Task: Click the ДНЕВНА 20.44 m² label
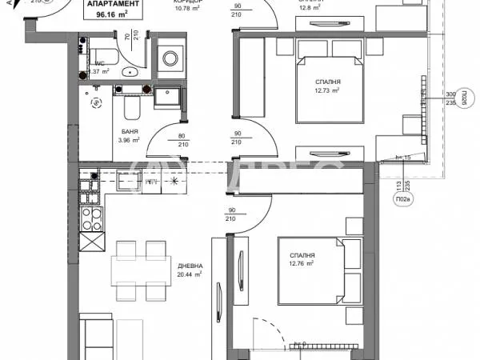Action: tap(190, 270)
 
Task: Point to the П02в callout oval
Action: tap(398, 200)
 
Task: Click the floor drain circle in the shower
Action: tap(97, 102)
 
